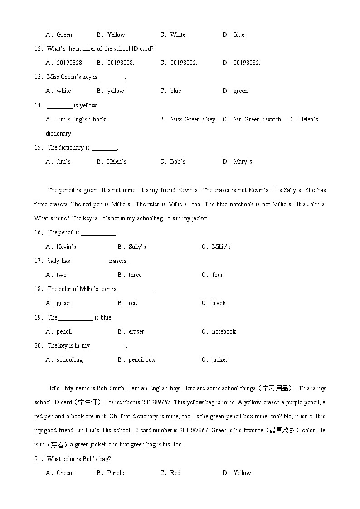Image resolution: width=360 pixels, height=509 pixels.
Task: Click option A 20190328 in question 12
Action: (x=65, y=63)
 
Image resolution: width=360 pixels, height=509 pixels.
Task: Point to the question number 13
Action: (x=38, y=77)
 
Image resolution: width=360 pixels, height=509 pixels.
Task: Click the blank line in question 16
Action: (x=98, y=233)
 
